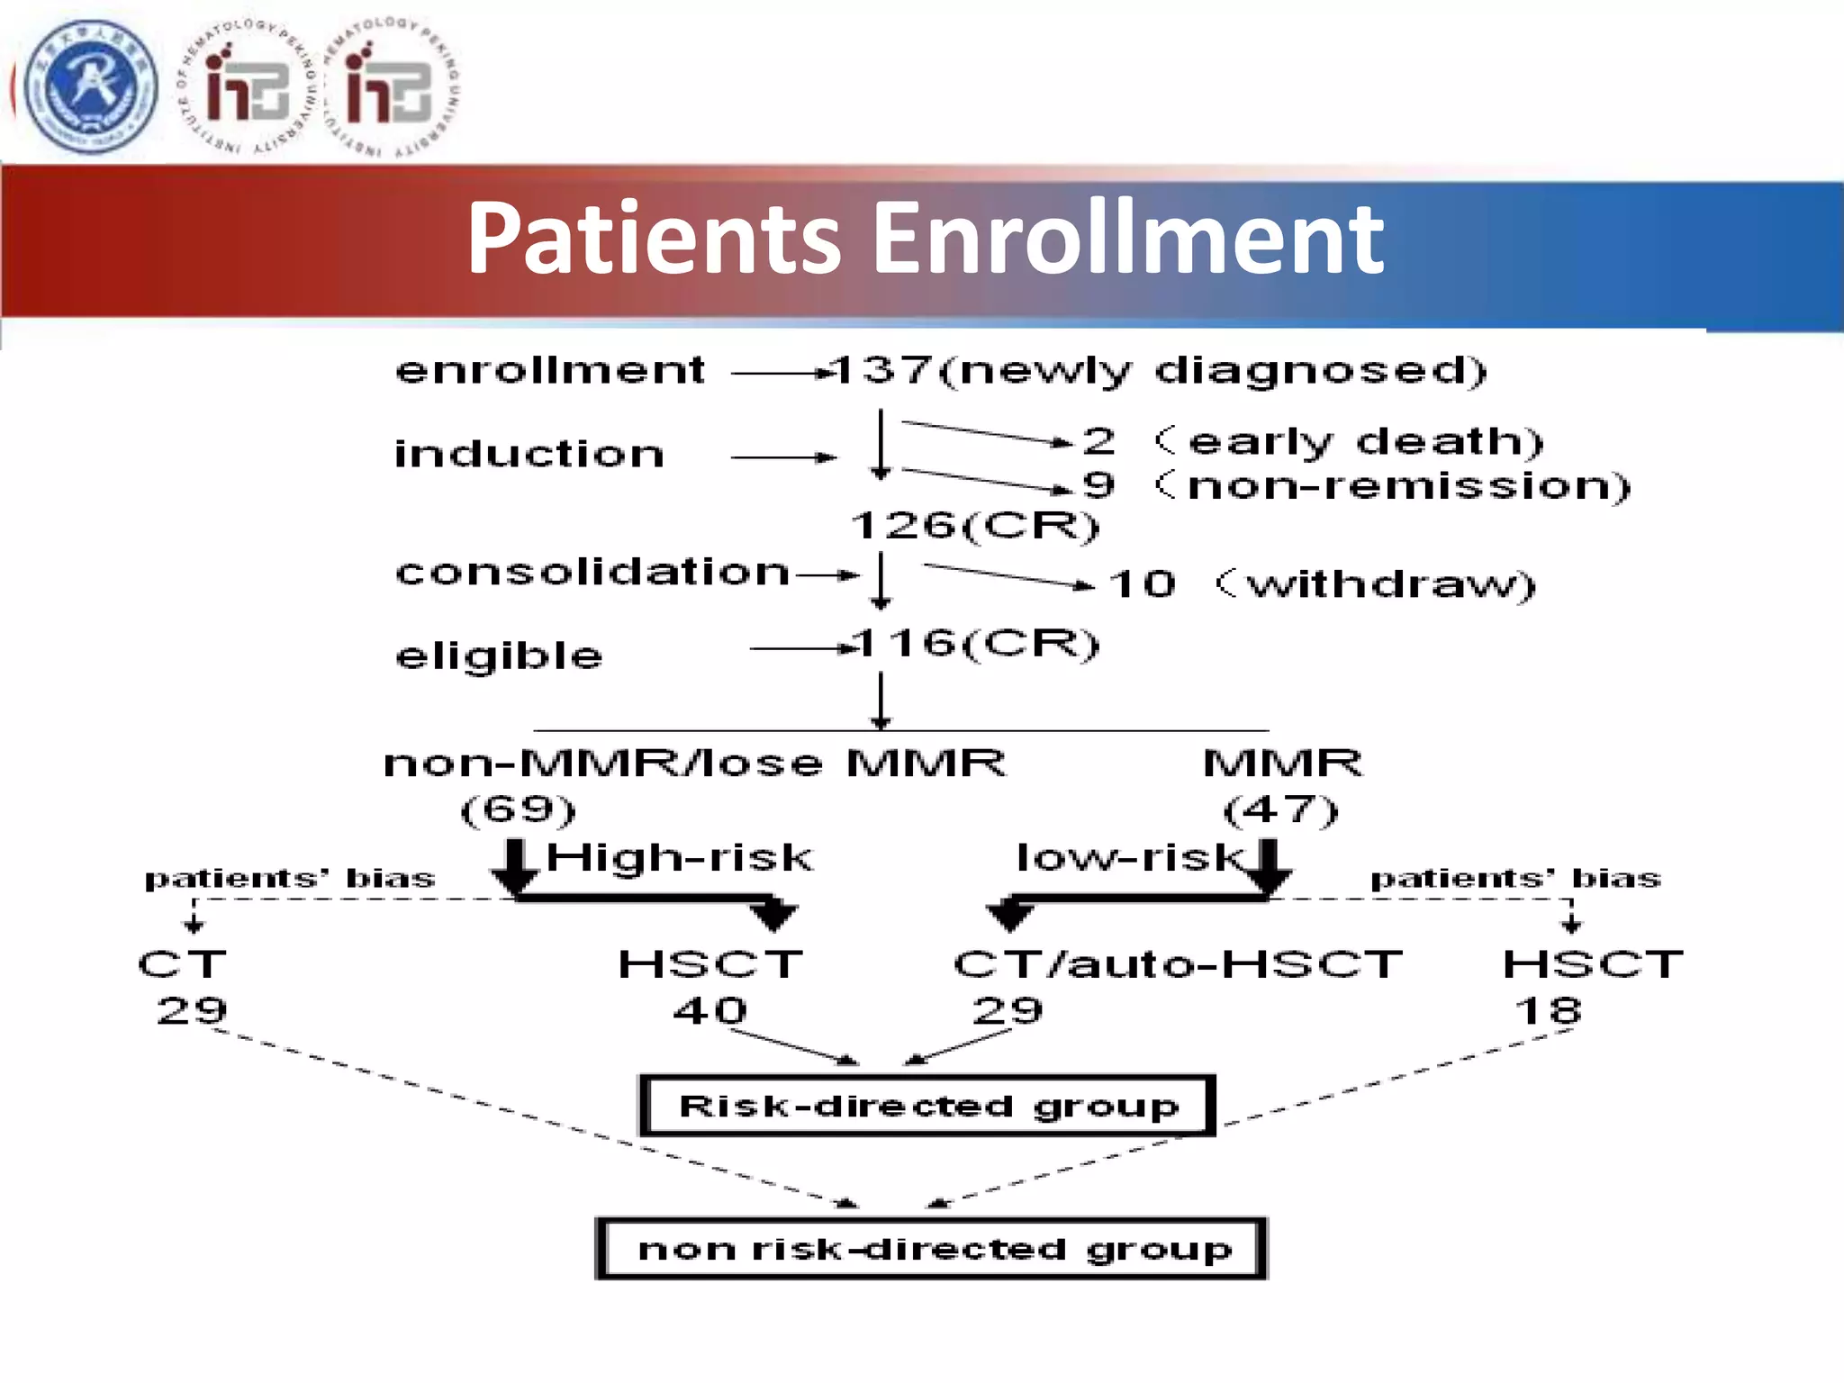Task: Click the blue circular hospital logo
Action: [x=90, y=87]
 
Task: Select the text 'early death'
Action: [x=1365, y=441]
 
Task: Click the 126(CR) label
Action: [x=975, y=525]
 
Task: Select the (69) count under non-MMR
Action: [x=518, y=809]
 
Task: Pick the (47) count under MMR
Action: [x=1280, y=809]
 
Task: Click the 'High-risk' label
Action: [x=679, y=857]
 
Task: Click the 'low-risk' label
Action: [x=1129, y=857]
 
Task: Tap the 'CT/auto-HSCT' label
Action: [x=1178, y=964]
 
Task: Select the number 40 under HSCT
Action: [x=710, y=1010]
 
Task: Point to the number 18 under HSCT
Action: [x=1548, y=1010]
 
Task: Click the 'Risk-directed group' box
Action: [x=927, y=1106]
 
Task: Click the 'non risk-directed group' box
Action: [x=932, y=1249]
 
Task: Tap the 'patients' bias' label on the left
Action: [x=289, y=878]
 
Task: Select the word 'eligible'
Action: [x=499, y=655]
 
